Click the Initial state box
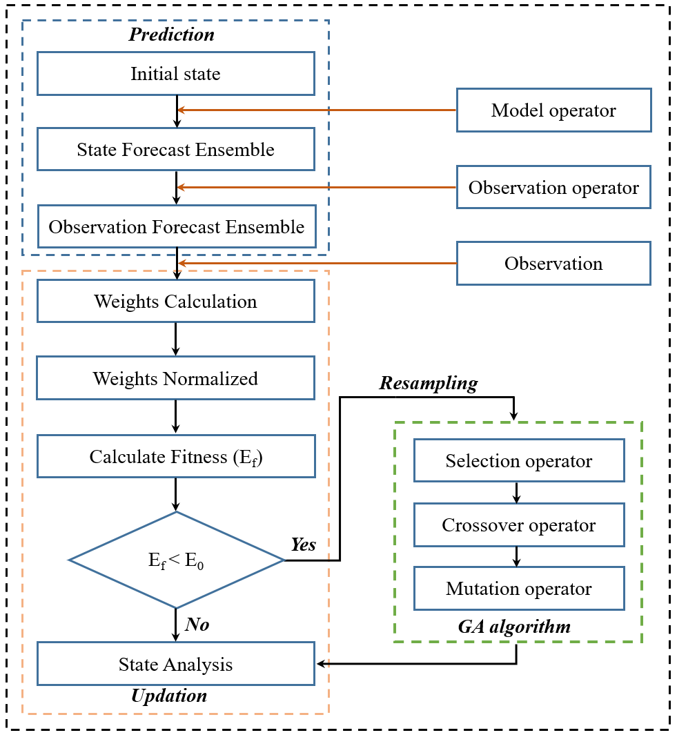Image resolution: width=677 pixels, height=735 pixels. click(176, 73)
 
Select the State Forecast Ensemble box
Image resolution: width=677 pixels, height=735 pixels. click(176, 149)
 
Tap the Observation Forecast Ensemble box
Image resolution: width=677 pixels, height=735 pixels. click(176, 226)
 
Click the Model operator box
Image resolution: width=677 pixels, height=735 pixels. click(553, 110)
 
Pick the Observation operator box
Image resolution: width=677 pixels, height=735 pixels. click(553, 187)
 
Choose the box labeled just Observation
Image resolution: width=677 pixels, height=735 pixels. click(553, 263)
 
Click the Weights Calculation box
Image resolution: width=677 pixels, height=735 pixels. click(176, 301)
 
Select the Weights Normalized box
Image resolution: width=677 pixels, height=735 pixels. click(176, 378)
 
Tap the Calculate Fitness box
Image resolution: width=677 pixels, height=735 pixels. click(176, 456)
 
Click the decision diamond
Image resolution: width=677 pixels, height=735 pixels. click(177, 560)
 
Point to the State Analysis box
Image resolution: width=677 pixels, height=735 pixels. click(176, 664)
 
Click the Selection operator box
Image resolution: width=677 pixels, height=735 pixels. click(519, 461)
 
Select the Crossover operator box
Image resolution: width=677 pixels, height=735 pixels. click(519, 525)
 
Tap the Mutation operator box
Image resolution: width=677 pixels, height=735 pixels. click(519, 588)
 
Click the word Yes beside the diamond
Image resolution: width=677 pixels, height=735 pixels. click(303, 545)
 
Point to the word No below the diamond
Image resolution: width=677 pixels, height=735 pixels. click(197, 625)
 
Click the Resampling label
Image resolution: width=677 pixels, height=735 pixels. click(428, 383)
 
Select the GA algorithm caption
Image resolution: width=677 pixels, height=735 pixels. click(514, 627)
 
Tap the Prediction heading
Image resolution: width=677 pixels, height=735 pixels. click(172, 34)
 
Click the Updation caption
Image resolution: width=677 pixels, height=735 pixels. click(169, 695)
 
